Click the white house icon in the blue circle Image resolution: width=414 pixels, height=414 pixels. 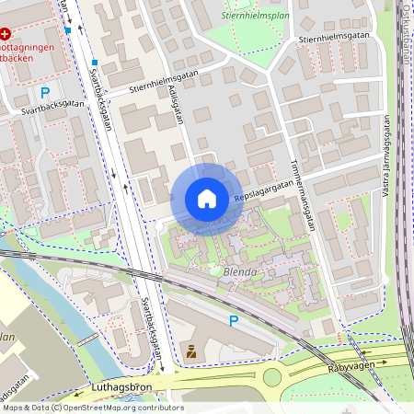pos(207,199)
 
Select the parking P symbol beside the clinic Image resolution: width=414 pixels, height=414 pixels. pos(45,92)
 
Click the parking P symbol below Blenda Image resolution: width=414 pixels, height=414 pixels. pos(234,320)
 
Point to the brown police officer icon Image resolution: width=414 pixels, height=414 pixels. pos(191,351)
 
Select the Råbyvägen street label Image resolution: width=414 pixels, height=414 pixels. pos(353,367)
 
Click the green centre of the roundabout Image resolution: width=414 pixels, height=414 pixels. pos(272,376)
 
